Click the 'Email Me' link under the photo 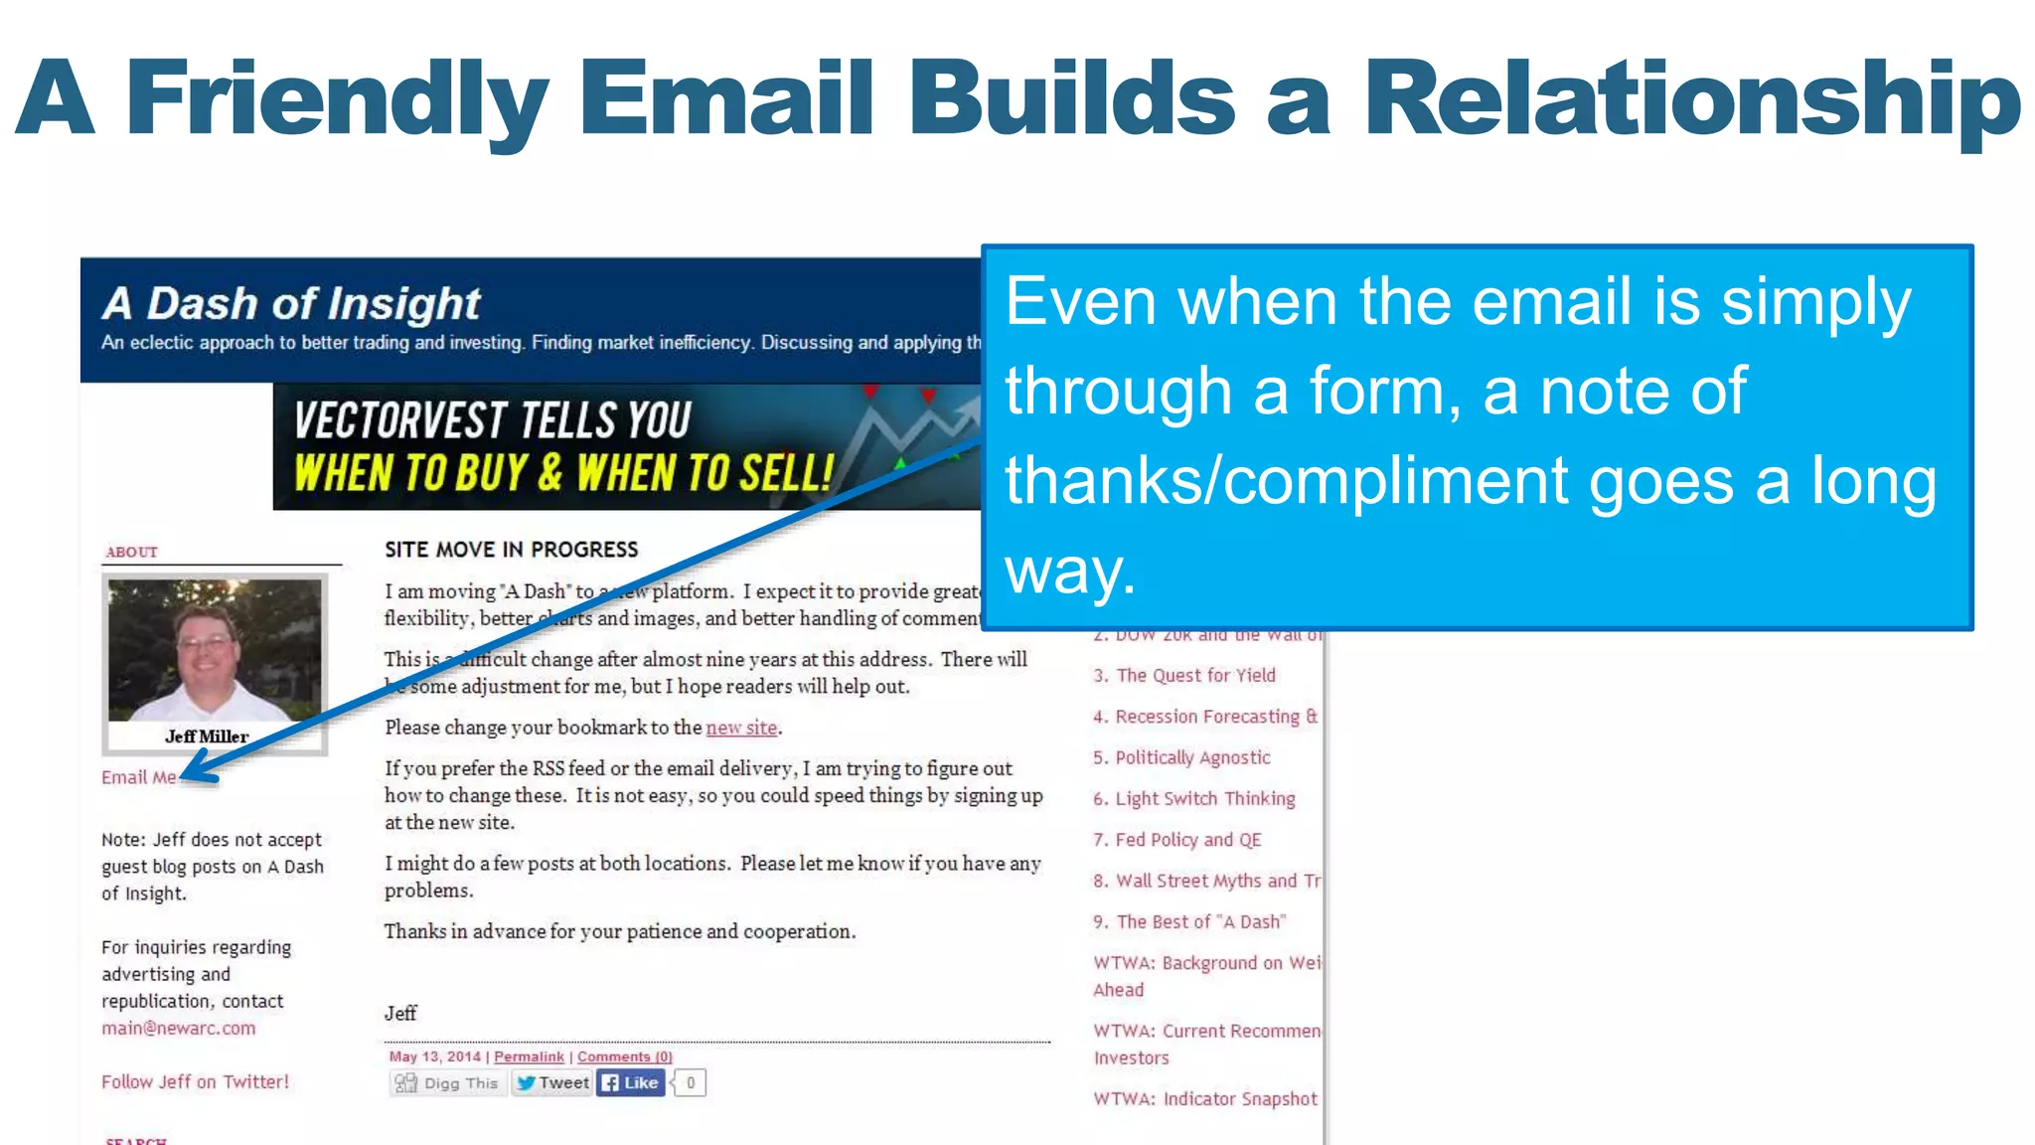pyautogui.click(x=138, y=777)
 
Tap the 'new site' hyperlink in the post pyautogui.click(x=741, y=728)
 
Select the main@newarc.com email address pyautogui.click(x=178, y=1028)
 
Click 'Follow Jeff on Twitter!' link pyautogui.click(x=195, y=1081)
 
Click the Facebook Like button pyautogui.click(x=631, y=1082)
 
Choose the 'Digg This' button pyautogui.click(x=447, y=1083)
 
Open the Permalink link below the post pyautogui.click(x=529, y=1057)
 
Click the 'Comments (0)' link pyautogui.click(x=624, y=1057)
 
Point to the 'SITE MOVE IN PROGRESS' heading pyautogui.click(x=511, y=550)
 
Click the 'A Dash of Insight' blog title pyautogui.click(x=291, y=303)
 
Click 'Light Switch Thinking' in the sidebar pyautogui.click(x=1204, y=798)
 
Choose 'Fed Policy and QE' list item pyautogui.click(x=1187, y=840)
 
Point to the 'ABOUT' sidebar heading pyautogui.click(x=131, y=552)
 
